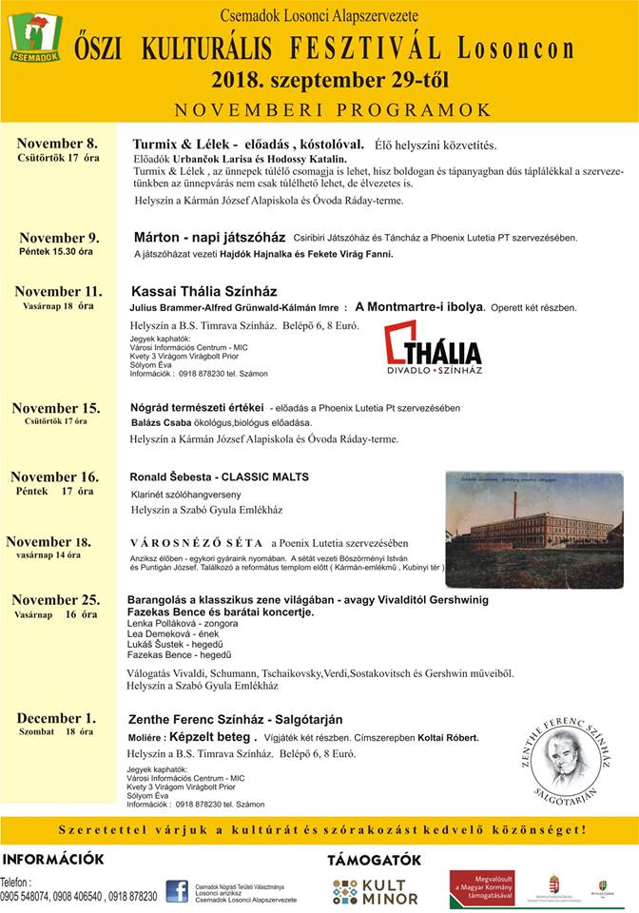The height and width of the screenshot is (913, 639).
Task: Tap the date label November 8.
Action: [x=57, y=142]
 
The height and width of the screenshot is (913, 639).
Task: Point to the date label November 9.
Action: [x=59, y=238]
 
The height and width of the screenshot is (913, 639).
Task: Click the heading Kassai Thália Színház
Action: [x=203, y=291]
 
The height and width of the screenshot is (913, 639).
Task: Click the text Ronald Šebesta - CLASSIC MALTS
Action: [x=220, y=476]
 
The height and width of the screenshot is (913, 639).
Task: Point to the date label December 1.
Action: [x=57, y=718]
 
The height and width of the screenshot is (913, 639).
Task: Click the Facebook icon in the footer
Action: [x=177, y=891]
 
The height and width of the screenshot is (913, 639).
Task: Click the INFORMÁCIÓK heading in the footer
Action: [x=52, y=859]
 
